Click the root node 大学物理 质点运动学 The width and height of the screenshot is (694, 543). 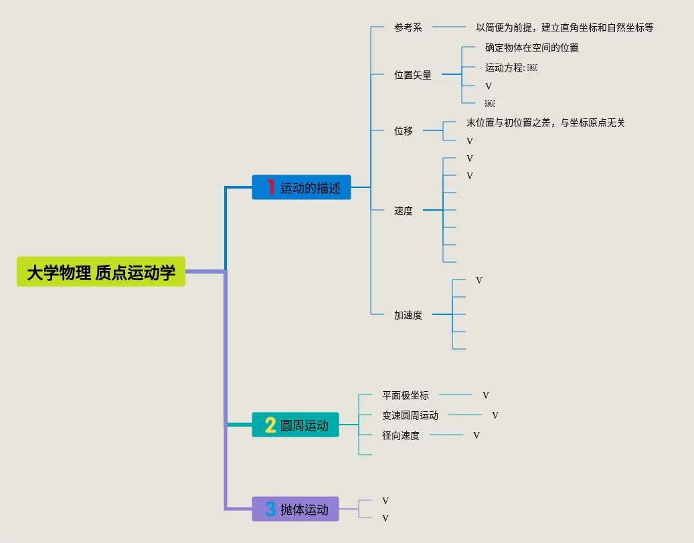tap(101, 271)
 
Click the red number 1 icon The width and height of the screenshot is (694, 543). tap(270, 187)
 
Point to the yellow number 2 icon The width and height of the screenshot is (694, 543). tap(270, 425)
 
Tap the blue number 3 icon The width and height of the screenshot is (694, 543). tap(270, 509)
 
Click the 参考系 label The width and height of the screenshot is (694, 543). tap(408, 28)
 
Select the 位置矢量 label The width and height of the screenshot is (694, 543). tap(413, 76)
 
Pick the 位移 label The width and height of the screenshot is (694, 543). tap(404, 131)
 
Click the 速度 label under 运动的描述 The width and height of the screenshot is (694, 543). tap(404, 211)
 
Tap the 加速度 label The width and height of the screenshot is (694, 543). tap(408, 315)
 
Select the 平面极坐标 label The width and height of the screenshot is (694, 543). tap(406, 395)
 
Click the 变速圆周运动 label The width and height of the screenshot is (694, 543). tap(410, 415)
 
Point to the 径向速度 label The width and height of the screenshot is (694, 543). tap(401, 435)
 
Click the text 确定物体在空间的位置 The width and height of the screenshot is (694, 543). tap(532, 48)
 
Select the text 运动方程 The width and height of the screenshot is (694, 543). tap(505, 68)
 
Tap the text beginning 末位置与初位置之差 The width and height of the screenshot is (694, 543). tap(545, 123)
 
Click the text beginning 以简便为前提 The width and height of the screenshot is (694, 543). tap(564, 28)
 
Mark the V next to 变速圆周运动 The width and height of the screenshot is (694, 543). tap(495, 415)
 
